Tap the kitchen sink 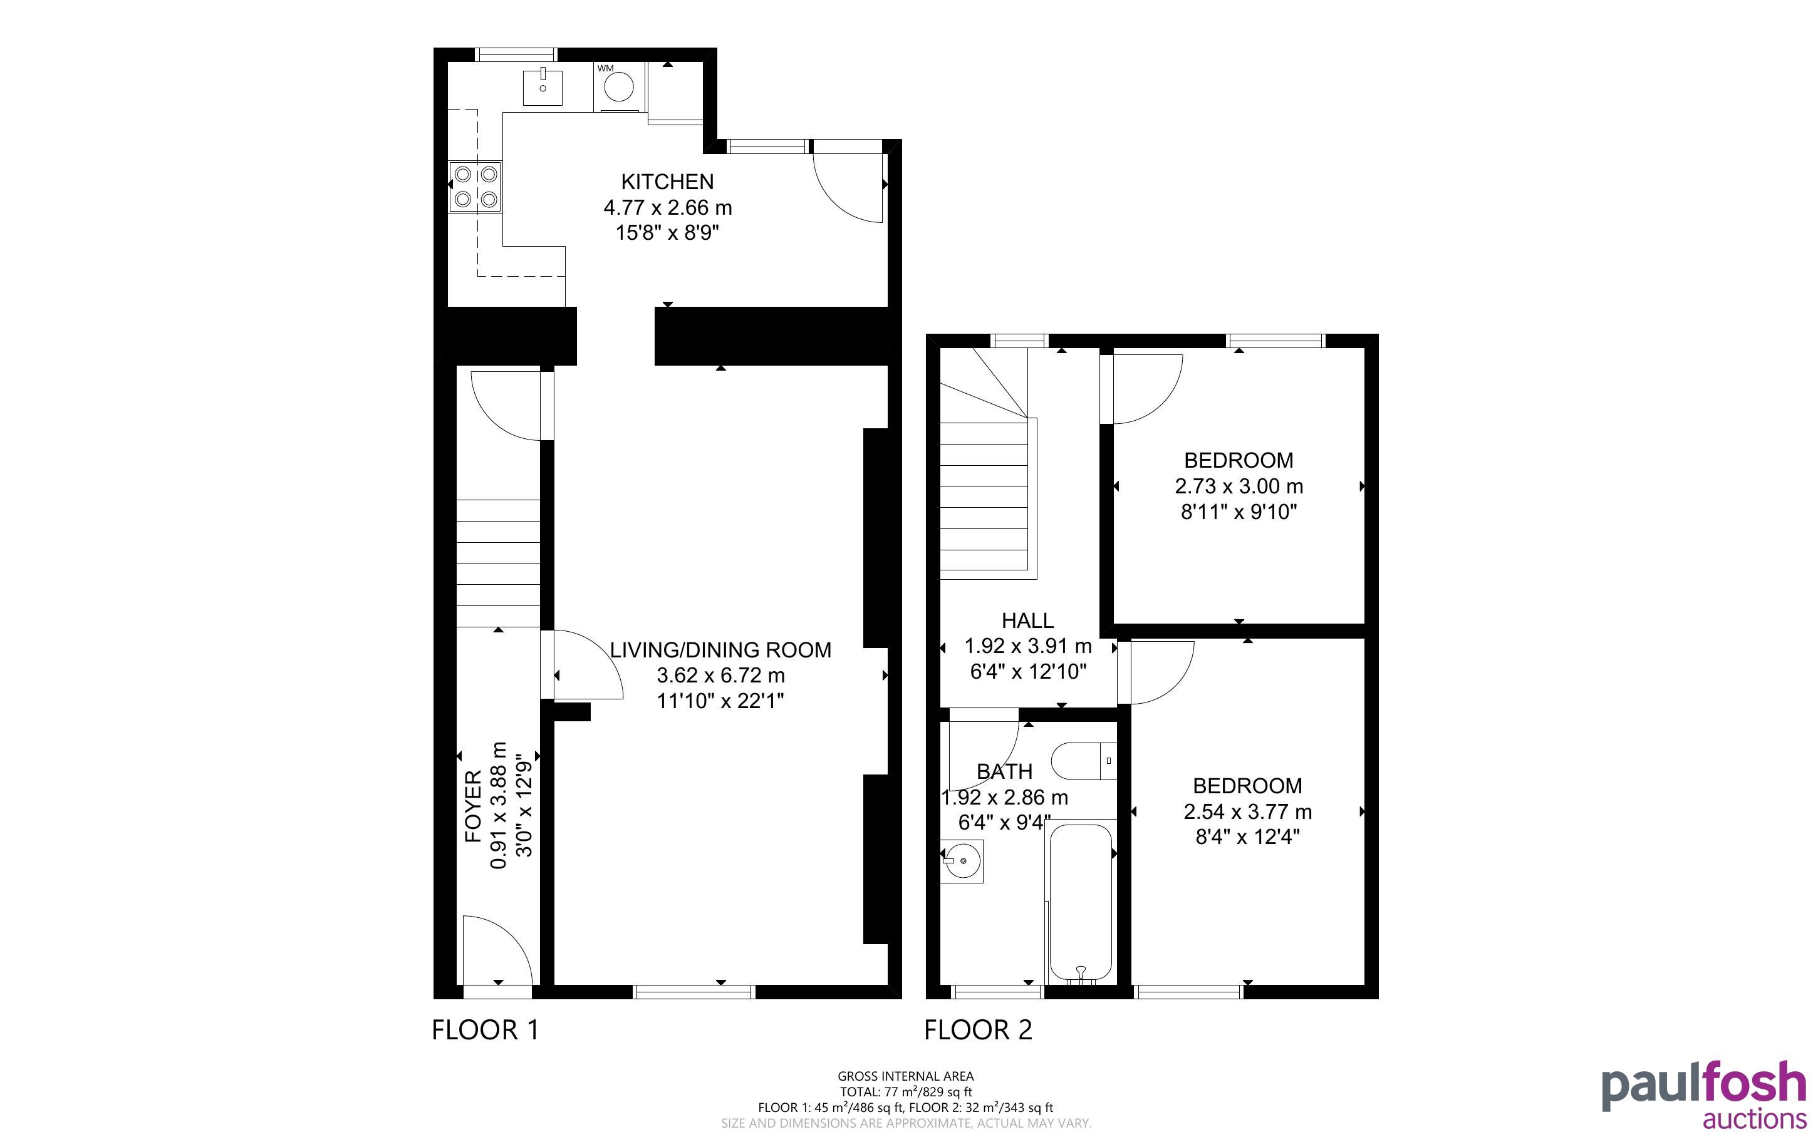tap(542, 87)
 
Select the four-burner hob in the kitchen tap(475, 187)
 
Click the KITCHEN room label tap(667, 181)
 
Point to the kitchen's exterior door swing tap(848, 187)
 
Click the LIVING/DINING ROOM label tap(720, 650)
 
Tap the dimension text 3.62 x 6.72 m tap(720, 676)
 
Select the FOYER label tap(473, 806)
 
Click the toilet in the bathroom tap(1084, 761)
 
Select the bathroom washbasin tap(962, 861)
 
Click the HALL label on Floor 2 tap(1027, 620)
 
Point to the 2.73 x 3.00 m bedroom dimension tap(1239, 486)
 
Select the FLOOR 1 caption tap(486, 1029)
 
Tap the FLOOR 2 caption tap(978, 1029)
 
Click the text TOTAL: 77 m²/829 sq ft tap(905, 1091)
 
